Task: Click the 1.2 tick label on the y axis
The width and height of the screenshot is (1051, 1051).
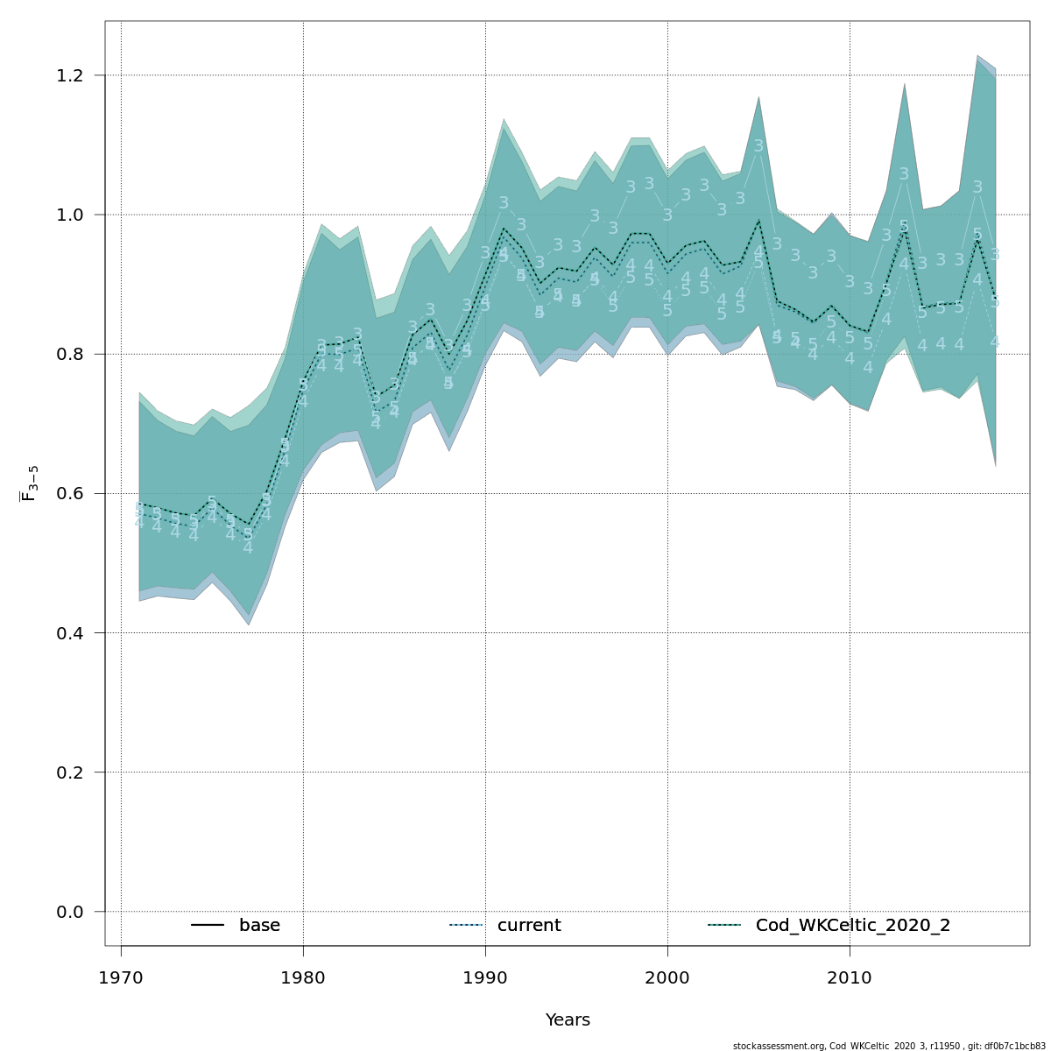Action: click(77, 75)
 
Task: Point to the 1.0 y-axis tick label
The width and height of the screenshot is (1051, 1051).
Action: click(77, 215)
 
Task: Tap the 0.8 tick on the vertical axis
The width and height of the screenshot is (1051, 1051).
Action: click(77, 354)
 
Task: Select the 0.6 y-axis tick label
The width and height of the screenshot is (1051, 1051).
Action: click(77, 493)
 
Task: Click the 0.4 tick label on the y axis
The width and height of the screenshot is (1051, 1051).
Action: click(77, 632)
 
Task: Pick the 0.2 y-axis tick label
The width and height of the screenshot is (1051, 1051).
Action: click(77, 772)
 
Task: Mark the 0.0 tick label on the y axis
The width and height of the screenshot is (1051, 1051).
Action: click(77, 912)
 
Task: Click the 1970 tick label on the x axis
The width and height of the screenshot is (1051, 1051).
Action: click(121, 977)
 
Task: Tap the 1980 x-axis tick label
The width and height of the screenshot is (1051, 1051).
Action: click(303, 977)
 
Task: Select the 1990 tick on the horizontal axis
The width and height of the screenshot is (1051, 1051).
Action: click(485, 977)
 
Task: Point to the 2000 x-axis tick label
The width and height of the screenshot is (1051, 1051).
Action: click(667, 977)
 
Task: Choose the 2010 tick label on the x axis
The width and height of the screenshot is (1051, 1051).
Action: click(850, 977)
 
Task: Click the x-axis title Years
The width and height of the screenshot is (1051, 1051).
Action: click(568, 1020)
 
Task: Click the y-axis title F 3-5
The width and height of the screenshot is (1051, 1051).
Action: click(28, 483)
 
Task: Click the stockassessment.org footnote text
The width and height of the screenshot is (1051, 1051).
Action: click(889, 1046)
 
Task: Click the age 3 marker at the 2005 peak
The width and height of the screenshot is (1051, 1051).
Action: click(758, 146)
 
